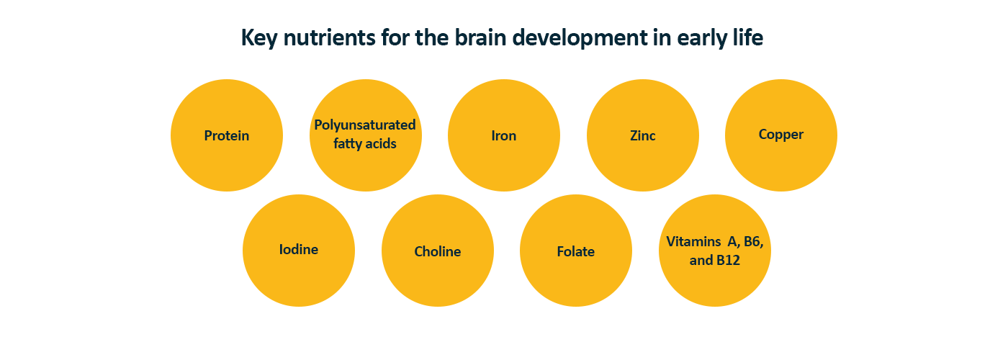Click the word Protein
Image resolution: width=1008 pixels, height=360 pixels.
coord(226,135)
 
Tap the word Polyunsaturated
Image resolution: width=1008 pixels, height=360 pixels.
coord(365,125)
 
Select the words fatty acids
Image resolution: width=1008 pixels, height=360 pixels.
coord(365,143)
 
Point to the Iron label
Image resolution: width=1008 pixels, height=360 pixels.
coord(503,135)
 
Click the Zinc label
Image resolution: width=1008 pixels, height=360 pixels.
coord(642,135)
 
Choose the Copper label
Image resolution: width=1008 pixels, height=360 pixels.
coord(780,135)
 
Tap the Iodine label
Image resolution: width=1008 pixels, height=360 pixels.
coord(298,249)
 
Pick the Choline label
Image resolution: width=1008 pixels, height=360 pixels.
coord(438,251)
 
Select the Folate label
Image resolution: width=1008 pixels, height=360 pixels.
coord(575,251)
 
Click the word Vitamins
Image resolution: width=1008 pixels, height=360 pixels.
coord(693,242)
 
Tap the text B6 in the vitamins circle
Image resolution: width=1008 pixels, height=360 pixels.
coord(753,242)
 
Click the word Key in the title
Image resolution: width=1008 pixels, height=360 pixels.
coord(259,37)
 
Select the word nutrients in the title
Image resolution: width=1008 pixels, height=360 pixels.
coord(330,37)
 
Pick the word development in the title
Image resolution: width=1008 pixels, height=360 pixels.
coord(579,38)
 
